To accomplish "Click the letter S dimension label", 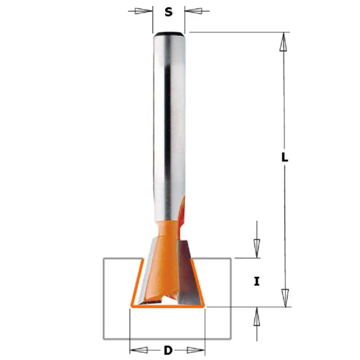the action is pyautogui.click(x=168, y=12).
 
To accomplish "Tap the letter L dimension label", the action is pyautogui.click(x=285, y=158).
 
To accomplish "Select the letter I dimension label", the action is pyautogui.click(x=257, y=281).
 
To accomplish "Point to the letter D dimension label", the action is pyautogui.click(x=168, y=350).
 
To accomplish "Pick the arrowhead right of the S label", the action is pyautogui.click(x=193, y=10).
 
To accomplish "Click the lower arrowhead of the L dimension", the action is pyautogui.click(x=285, y=298).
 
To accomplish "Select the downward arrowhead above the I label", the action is pyautogui.click(x=257, y=249).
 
